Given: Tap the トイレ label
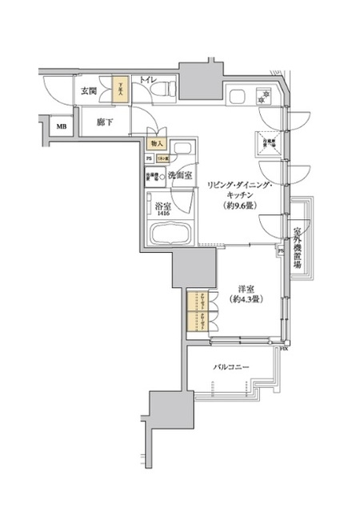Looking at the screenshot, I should [x=148, y=81].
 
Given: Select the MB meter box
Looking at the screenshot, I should [x=61, y=125].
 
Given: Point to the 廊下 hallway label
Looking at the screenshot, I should [x=105, y=122].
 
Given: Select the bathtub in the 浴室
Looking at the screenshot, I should [x=172, y=236].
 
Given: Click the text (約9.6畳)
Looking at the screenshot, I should [x=240, y=205].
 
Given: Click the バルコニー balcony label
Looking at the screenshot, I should [x=233, y=367].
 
